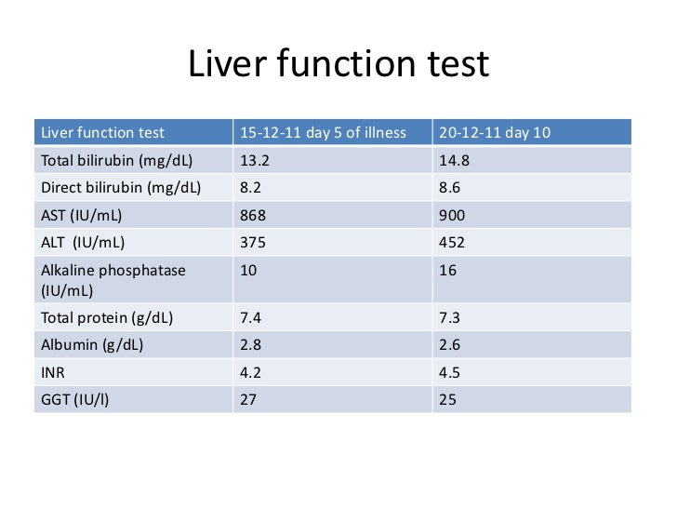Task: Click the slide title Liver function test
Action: point(338,66)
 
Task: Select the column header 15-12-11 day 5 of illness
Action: point(323,133)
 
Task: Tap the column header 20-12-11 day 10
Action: point(494,133)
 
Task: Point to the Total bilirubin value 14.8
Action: point(454,159)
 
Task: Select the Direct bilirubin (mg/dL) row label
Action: point(120,187)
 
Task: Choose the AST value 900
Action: point(451,215)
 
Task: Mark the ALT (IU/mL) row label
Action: point(83,243)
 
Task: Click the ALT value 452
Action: point(451,243)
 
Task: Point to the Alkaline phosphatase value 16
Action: point(446,271)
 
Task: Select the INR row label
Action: point(54,372)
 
